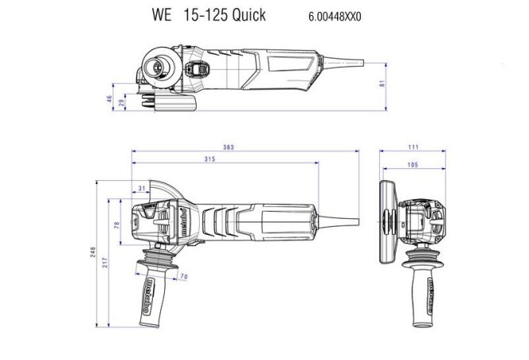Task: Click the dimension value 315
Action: tap(209, 161)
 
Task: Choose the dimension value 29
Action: tap(121, 103)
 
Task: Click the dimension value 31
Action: tap(142, 188)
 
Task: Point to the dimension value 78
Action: tap(117, 226)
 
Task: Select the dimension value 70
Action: tap(182, 277)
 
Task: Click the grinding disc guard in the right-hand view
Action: tap(389, 224)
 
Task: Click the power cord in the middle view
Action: tap(341, 219)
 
